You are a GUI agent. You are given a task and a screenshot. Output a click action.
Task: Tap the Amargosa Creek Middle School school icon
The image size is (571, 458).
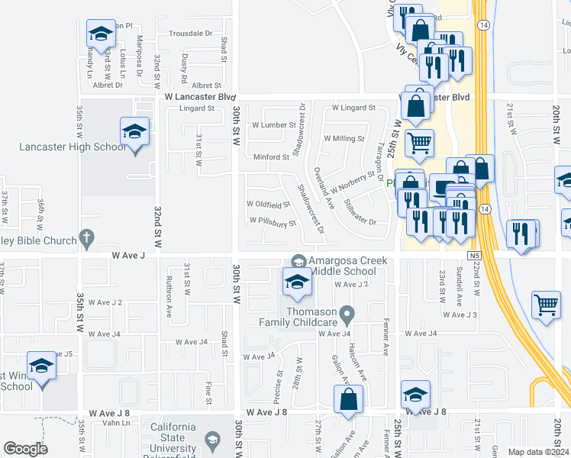297,283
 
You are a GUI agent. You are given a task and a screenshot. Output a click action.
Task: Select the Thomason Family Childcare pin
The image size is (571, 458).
347,314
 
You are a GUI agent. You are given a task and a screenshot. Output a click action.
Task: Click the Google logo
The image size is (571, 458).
25,449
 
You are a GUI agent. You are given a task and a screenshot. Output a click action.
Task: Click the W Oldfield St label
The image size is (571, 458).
268,204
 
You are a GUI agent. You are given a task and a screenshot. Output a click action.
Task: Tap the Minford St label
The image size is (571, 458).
272,157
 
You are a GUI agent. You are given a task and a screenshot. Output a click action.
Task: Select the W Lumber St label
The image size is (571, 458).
273,124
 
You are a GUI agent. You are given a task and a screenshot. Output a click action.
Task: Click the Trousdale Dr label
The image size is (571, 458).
191,34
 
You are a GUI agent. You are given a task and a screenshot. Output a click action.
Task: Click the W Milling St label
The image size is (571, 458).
344,138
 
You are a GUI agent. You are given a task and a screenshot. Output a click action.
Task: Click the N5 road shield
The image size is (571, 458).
475,255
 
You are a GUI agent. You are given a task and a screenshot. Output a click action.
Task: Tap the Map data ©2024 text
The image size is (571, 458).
537,452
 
